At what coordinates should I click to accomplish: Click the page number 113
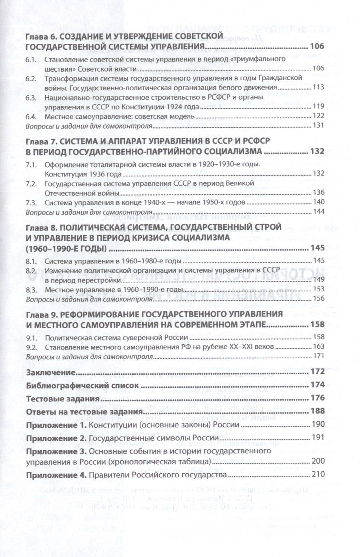[x=318, y=87]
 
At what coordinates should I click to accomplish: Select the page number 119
[x=318, y=106]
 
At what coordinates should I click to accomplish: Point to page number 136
[x=318, y=193]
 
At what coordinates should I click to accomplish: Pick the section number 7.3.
[x=31, y=202]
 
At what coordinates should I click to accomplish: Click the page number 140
[x=318, y=202]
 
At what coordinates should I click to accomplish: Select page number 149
[x=318, y=280]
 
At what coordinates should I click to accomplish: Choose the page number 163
[x=318, y=347]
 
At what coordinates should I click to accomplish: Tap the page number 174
[x=317, y=385]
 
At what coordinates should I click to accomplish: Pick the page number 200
[x=318, y=461]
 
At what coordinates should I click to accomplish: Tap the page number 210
[x=318, y=475]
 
